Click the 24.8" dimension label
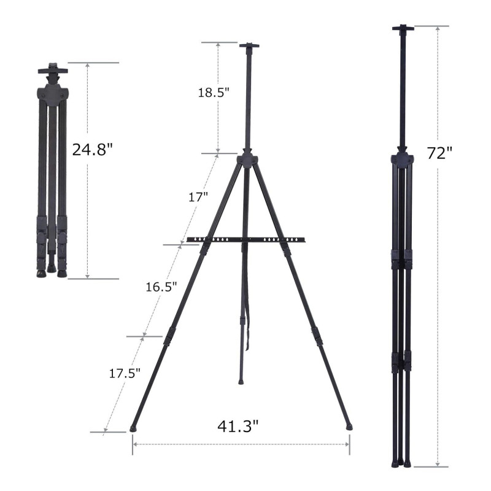click(92, 149)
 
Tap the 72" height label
click(439, 153)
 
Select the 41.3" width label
click(238, 426)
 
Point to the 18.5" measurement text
click(214, 93)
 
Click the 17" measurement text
click(198, 197)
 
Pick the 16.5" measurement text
click(161, 287)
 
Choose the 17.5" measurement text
click(125, 373)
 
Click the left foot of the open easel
click(134, 428)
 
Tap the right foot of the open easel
click(349, 427)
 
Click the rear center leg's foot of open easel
click(241, 382)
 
